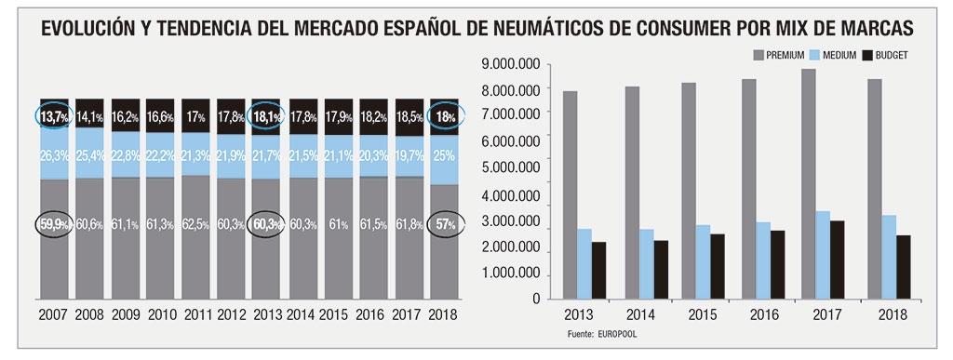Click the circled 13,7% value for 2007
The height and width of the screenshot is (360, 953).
(54, 117)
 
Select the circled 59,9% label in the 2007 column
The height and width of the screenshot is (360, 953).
(54, 224)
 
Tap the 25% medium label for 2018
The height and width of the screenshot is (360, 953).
(443, 153)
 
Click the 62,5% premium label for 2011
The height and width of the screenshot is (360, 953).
(196, 224)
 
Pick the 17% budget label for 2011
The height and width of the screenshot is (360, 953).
(196, 117)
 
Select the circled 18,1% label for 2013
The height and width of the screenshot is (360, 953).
(267, 117)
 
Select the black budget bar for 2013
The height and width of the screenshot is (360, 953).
(597, 270)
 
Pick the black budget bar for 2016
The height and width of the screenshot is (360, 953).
(777, 264)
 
